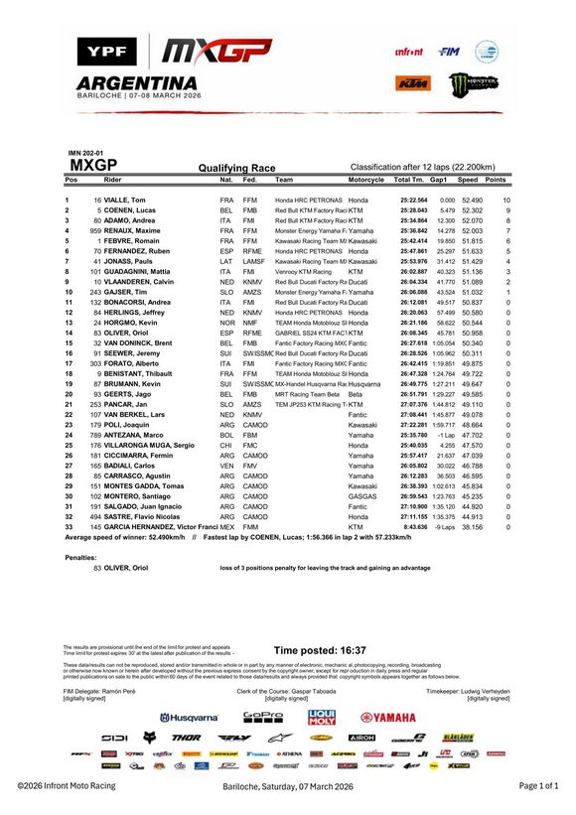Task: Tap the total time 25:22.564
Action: (413, 201)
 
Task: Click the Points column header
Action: (496, 180)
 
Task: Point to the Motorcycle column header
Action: (365, 180)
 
